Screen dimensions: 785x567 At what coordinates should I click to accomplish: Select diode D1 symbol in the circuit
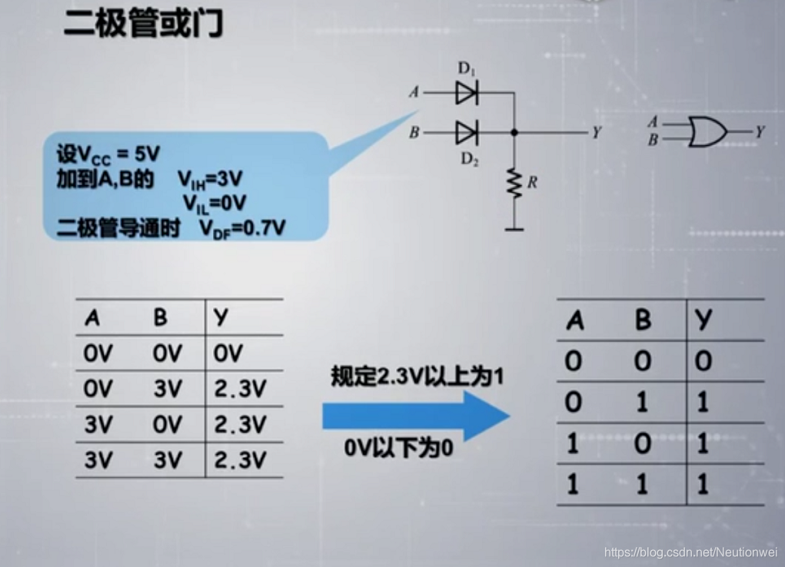point(466,93)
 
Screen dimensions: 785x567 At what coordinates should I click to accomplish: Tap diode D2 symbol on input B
point(466,133)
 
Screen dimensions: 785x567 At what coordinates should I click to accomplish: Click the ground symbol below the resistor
point(514,228)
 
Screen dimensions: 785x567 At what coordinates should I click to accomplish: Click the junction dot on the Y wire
point(514,133)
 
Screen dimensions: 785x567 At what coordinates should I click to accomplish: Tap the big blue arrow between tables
point(415,416)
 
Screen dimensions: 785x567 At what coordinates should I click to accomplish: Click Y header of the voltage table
point(221,317)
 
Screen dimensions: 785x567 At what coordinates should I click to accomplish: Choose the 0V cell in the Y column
point(228,353)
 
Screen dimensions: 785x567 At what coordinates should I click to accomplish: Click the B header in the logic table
point(643,320)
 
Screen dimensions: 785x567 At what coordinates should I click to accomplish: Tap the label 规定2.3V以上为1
point(417,376)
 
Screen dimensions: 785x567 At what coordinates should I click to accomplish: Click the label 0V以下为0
point(398,448)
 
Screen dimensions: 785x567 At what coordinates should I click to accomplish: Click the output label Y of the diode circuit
point(596,133)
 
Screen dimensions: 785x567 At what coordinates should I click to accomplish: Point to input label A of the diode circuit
point(414,93)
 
